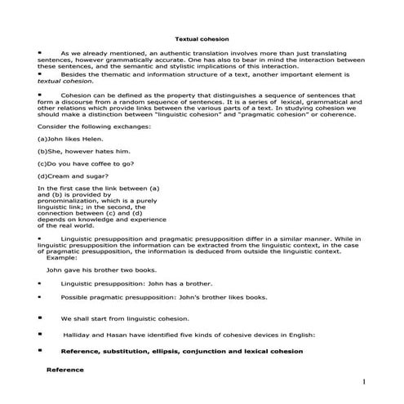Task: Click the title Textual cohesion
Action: pos(202,38)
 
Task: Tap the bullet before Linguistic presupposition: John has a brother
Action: pos(39,282)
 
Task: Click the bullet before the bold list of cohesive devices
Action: pos(39,350)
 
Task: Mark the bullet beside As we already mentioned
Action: pos(39,50)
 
